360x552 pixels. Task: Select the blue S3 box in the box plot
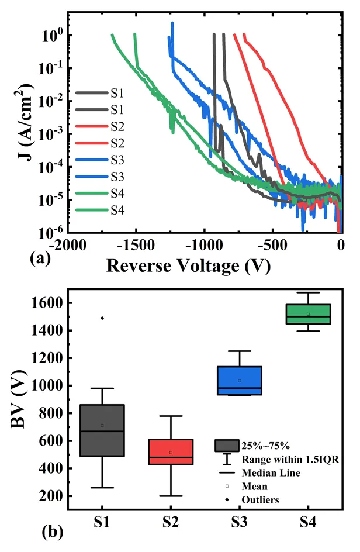click(x=240, y=381)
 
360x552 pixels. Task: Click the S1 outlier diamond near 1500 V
click(x=102, y=318)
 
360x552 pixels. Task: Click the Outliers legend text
click(x=262, y=500)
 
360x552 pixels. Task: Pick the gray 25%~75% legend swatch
click(x=226, y=445)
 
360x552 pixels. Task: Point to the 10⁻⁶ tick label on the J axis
click(x=49, y=233)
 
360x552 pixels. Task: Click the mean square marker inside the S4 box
click(x=308, y=315)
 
